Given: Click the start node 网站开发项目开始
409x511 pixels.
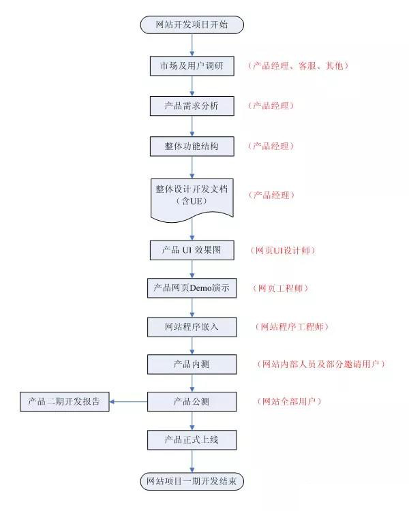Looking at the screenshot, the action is [192, 25].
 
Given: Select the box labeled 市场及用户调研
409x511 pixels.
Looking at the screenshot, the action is [192, 66].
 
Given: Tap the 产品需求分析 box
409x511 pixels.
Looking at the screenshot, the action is [192, 106].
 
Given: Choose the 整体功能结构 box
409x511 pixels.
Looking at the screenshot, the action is [192, 146].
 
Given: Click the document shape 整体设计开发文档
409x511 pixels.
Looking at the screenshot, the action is [192, 200].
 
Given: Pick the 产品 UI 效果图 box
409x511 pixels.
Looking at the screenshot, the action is [192, 250].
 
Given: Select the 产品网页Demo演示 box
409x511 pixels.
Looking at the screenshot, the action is [192, 288].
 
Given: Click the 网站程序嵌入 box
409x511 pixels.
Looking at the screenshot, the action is [192, 327].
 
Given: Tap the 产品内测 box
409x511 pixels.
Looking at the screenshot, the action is [192, 365].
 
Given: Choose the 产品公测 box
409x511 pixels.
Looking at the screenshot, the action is [192, 401].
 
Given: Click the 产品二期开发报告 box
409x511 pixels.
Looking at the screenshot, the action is [65, 401].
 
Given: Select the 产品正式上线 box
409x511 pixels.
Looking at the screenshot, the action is [192, 440].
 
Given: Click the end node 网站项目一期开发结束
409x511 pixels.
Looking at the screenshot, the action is [192, 481].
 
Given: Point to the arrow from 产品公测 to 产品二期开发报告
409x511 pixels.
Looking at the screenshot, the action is [128, 401].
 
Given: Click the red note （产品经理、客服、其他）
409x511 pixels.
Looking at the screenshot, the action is [298, 66].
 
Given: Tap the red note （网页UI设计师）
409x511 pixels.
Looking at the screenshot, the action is [283, 250].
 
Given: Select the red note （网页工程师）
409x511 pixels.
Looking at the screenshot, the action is [280, 288].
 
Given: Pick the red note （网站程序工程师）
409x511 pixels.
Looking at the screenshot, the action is [292, 327].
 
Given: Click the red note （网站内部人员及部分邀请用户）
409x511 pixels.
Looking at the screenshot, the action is [321, 364].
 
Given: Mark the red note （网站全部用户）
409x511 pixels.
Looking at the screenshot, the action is [289, 401].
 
